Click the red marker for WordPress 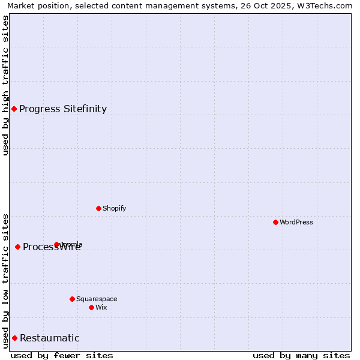pos(275,222)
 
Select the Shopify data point pos(98,208)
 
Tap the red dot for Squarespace pos(72,299)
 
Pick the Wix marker pos(91,307)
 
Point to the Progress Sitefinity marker pos(14,109)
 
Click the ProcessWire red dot pos(17,247)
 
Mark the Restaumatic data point pos(14,338)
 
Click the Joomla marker pos(56,244)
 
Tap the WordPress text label pos(296,223)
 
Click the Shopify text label pos(114,209)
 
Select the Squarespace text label pos(97,299)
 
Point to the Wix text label pos(101,308)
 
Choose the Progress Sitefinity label pos(63,109)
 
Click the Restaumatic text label pos(50,338)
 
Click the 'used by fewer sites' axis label pos(62,355)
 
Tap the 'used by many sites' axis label pos(301,355)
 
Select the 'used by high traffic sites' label pos(5,85)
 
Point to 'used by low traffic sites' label pos(5,281)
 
